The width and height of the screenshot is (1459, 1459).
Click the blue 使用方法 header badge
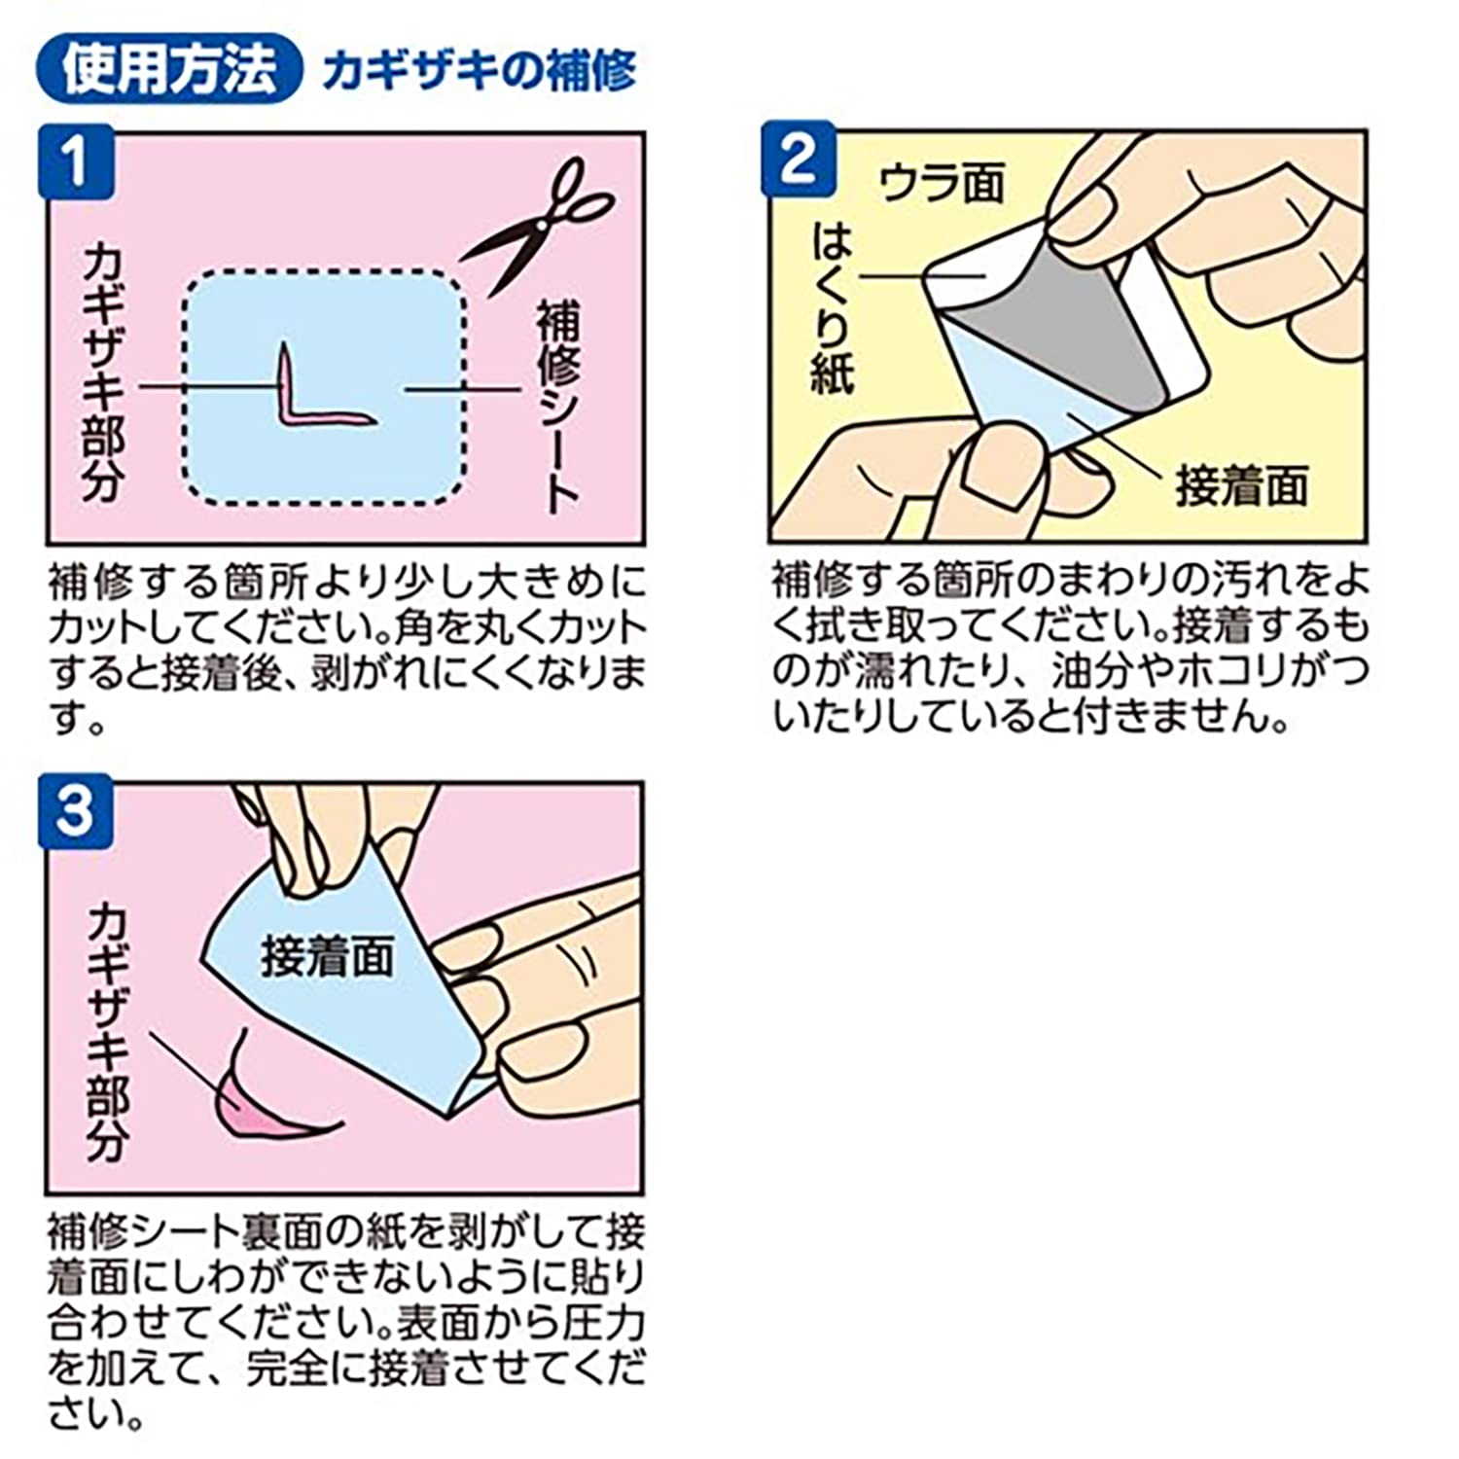pos(167,69)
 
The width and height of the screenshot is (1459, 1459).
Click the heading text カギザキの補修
pos(480,71)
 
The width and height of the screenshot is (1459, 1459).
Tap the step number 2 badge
pos(799,159)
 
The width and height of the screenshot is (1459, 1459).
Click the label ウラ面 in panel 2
pos(941,183)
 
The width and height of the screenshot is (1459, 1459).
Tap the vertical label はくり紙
pos(833,308)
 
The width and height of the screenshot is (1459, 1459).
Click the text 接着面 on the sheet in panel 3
pos(327,956)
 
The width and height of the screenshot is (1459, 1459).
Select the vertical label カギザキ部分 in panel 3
pos(107,1030)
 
